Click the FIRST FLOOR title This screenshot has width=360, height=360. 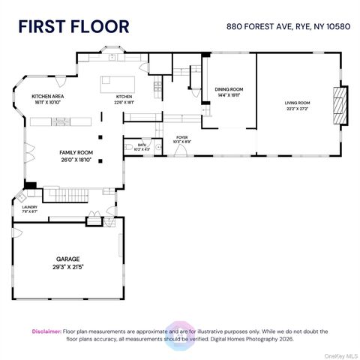coord(73,26)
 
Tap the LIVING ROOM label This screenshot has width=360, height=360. coord(297,102)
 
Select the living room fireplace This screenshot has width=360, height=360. coord(341,104)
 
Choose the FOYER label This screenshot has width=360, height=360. coord(181,137)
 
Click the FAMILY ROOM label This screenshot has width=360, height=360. coord(76,152)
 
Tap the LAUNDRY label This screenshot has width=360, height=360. coord(29,207)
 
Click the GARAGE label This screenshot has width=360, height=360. coord(67,259)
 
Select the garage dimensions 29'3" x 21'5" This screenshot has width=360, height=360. coord(67,267)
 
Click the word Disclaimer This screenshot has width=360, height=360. coord(46,331)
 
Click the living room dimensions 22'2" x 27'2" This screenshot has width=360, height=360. coord(297,108)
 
